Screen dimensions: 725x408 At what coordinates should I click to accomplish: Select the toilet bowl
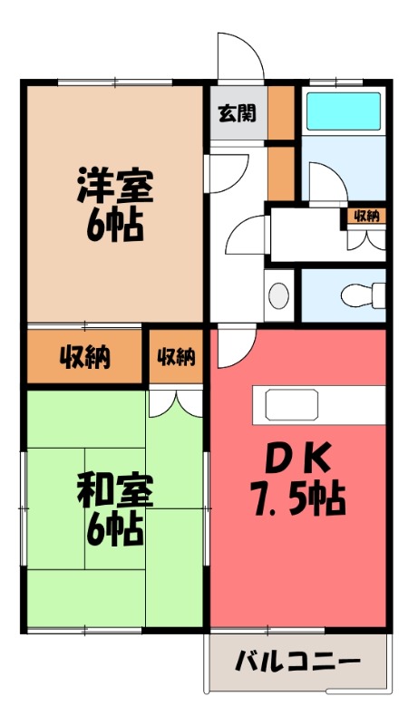pos(363,295)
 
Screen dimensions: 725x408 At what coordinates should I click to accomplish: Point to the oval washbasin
pos(280,296)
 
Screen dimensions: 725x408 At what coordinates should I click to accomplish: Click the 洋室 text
pos(115,186)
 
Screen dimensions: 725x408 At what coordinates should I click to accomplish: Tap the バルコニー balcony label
pos(298,661)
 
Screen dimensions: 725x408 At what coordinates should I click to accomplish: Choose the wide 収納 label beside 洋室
pos(86,357)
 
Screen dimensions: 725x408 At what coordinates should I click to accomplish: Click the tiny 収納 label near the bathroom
pos(366,216)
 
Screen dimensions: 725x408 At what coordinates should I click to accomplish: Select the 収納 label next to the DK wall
pos(177,357)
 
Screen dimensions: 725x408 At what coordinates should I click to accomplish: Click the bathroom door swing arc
pos(321,181)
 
